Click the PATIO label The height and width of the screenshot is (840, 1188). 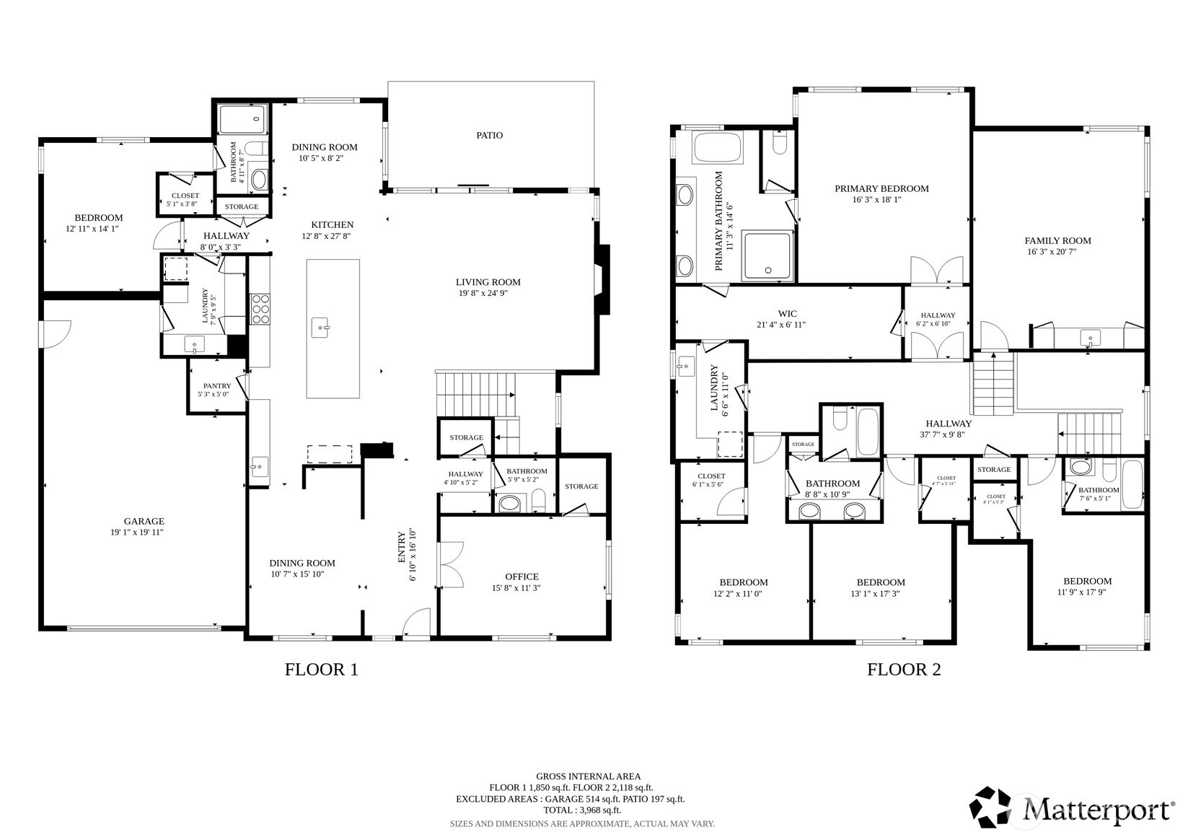[x=489, y=135]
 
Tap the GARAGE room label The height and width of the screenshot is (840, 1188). [x=144, y=521]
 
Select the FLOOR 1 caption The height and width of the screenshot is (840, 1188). [x=321, y=670]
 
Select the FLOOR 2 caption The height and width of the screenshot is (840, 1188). [x=903, y=670]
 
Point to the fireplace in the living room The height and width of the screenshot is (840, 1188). [x=602, y=280]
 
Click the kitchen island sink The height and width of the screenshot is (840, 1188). [x=321, y=328]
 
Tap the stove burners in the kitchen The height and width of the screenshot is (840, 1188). [x=260, y=309]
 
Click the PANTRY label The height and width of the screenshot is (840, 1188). [x=216, y=386]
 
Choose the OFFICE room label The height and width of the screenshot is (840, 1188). [x=521, y=577]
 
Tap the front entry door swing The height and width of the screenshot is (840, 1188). [x=417, y=624]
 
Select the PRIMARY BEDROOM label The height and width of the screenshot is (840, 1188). [x=881, y=189]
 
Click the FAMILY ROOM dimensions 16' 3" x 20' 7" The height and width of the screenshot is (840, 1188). [x=1057, y=253]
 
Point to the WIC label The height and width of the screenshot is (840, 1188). [x=787, y=314]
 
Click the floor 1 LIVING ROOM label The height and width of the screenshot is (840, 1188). [x=488, y=282]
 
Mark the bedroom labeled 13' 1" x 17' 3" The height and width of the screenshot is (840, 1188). [x=880, y=587]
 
